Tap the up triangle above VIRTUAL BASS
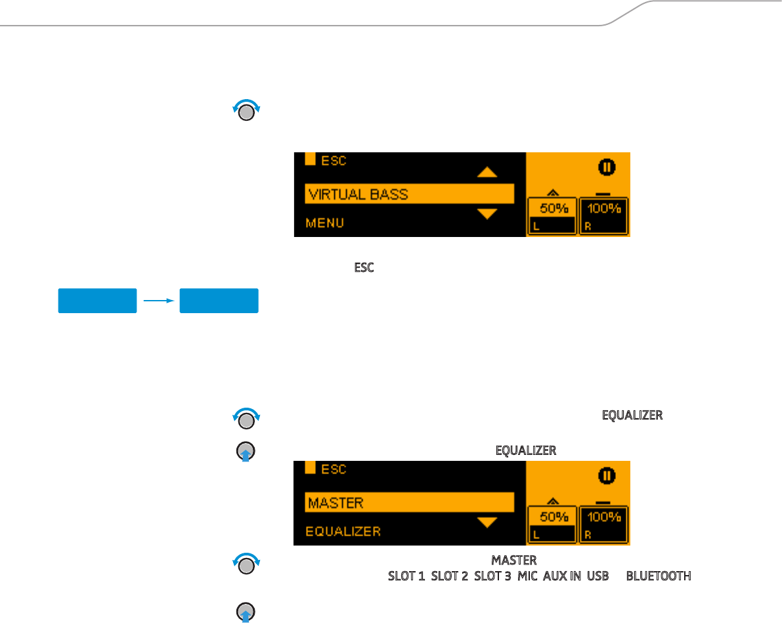pyautogui.click(x=487, y=172)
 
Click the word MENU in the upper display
pyautogui.click(x=325, y=223)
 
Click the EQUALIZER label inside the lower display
pyautogui.click(x=343, y=531)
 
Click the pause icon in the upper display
pyautogui.click(x=607, y=167)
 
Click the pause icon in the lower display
pyautogui.click(x=607, y=476)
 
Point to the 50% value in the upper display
pyautogui.click(x=552, y=208)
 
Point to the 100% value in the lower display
pyautogui.click(x=604, y=517)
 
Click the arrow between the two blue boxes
pyautogui.click(x=158, y=301)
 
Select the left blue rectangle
pyautogui.click(x=97, y=301)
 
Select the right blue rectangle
pyautogui.click(x=219, y=301)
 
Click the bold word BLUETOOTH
pyautogui.click(x=658, y=576)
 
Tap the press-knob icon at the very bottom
pyautogui.click(x=246, y=612)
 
